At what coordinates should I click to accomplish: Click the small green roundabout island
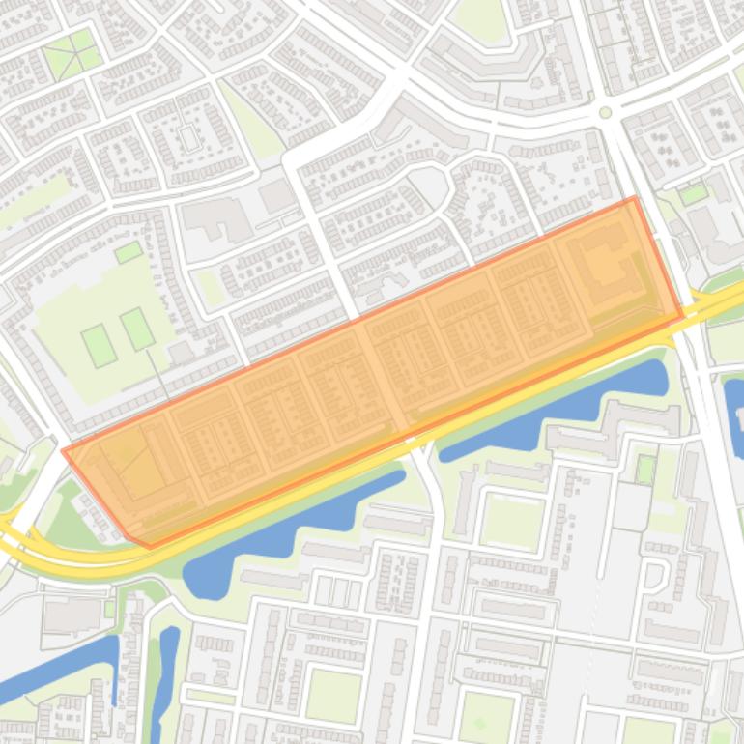(x=606, y=113)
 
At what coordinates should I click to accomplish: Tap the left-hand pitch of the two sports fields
(x=99, y=346)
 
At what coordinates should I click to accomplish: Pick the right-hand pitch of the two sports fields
(x=137, y=329)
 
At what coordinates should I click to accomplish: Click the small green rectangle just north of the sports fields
(x=129, y=252)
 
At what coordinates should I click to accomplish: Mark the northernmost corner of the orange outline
(x=634, y=198)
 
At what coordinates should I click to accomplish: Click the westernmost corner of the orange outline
(x=63, y=450)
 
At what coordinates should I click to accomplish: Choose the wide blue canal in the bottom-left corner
(x=58, y=667)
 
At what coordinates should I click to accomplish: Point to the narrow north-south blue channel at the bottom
(x=166, y=676)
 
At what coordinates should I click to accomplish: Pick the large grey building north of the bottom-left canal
(x=72, y=614)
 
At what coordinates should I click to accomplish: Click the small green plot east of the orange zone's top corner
(x=693, y=194)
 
